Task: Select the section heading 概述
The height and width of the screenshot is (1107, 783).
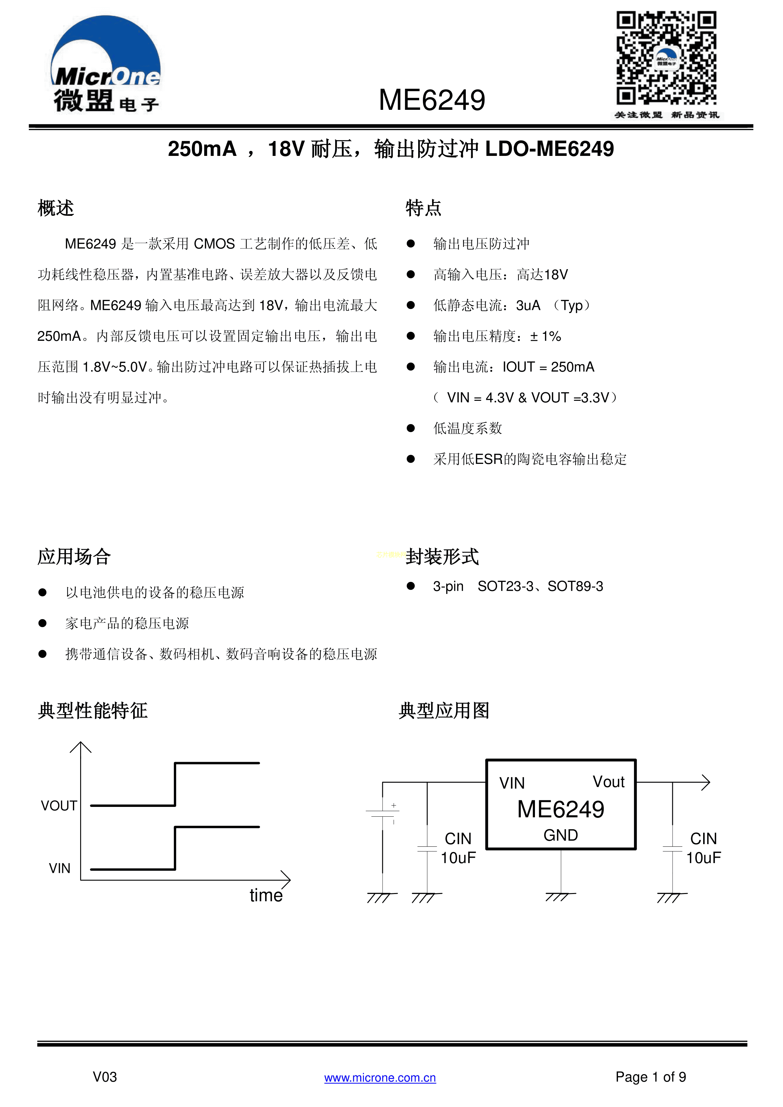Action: click(56, 208)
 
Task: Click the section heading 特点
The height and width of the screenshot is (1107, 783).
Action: click(423, 208)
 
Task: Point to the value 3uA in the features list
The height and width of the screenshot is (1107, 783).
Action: click(528, 305)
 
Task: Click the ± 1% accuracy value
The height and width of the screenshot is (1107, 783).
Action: click(545, 336)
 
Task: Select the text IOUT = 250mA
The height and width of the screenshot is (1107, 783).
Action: click(548, 367)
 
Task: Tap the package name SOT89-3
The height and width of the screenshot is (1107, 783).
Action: click(575, 586)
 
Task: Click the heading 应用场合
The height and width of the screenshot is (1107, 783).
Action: click(74, 556)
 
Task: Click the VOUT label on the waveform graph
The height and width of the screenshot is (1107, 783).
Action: click(59, 806)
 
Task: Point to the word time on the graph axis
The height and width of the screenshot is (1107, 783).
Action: click(266, 895)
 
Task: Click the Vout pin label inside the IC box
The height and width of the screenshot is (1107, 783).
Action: click(608, 782)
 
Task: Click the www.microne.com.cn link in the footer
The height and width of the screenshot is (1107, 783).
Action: click(380, 1078)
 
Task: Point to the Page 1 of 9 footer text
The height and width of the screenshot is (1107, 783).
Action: click(650, 1077)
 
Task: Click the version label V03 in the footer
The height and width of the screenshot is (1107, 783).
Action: click(105, 1077)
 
